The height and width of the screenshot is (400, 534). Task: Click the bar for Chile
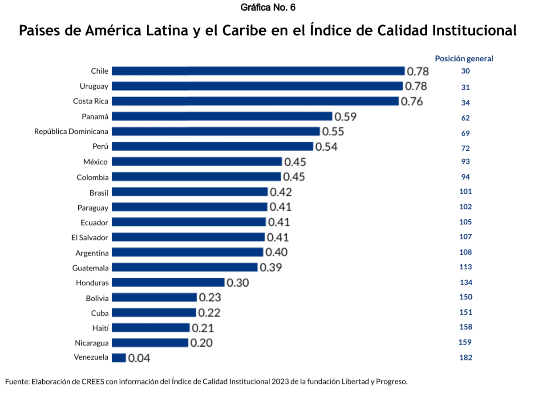(x=258, y=71)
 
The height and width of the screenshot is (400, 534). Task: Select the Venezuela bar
(x=119, y=358)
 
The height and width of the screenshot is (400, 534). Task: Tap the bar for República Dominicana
(x=216, y=132)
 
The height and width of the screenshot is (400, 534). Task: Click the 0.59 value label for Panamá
(x=346, y=116)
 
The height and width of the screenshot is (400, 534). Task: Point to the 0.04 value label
(x=139, y=358)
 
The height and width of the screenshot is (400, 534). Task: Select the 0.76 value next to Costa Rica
(x=412, y=101)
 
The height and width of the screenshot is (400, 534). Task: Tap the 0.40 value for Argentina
(x=276, y=252)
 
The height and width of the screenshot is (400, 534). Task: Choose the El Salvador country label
(x=90, y=237)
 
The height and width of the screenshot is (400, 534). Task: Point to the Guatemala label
(x=90, y=268)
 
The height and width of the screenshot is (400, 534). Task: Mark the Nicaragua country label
(x=91, y=343)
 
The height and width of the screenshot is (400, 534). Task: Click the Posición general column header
(x=464, y=59)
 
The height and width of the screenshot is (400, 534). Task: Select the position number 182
(x=465, y=358)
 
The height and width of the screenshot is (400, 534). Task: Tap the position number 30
(x=465, y=71)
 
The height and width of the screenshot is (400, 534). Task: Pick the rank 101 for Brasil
(x=465, y=192)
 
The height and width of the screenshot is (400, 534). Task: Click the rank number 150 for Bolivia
(x=465, y=297)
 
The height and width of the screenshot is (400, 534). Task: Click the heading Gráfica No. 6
(x=268, y=7)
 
